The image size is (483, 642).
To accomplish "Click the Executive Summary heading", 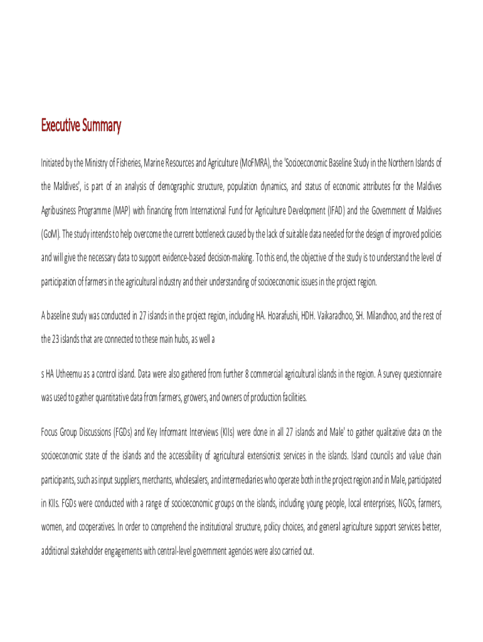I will [81, 126].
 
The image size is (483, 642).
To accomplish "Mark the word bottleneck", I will [215, 234].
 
